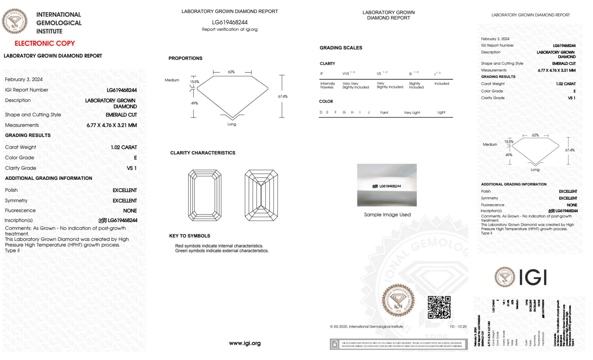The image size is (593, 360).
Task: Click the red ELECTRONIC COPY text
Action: (45, 44)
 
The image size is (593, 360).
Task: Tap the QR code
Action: (439, 307)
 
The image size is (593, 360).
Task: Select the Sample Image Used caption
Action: (387, 215)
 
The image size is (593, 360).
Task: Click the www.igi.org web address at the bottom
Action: (245, 343)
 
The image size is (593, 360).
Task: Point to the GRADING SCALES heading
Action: (341, 48)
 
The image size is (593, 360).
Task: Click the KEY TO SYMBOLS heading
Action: (190, 236)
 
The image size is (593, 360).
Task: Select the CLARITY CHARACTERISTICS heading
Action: (203, 153)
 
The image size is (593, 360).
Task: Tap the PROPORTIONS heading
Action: (186, 58)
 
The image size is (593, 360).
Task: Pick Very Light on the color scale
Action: (412, 113)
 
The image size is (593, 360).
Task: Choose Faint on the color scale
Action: (384, 113)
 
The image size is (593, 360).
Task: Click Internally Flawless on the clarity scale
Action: (327, 85)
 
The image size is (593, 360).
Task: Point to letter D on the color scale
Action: (321, 112)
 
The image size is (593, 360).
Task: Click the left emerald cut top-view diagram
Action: (205, 195)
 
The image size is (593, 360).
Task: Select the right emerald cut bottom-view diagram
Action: (261, 195)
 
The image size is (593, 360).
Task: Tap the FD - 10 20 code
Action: (458, 327)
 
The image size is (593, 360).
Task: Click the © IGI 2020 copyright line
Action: (367, 327)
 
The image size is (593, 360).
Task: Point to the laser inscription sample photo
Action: (387, 185)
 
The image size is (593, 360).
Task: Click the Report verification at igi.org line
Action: (230, 29)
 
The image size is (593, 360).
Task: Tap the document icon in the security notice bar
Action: (335, 344)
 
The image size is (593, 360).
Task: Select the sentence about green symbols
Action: (222, 251)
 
